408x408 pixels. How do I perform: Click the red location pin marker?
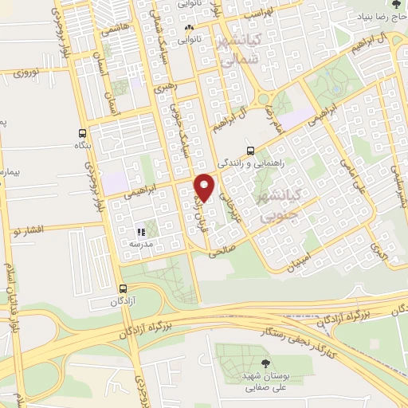coord(206,187)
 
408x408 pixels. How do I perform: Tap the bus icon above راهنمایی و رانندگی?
coord(251,150)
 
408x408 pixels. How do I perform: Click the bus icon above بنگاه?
coord(83,134)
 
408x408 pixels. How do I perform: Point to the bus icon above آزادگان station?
coord(123,289)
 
